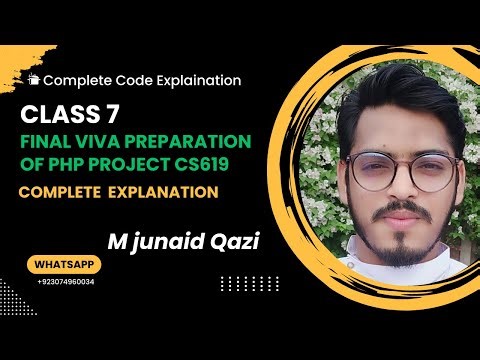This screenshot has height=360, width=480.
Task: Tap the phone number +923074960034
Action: point(66,283)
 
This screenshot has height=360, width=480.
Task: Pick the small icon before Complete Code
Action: point(34,79)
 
